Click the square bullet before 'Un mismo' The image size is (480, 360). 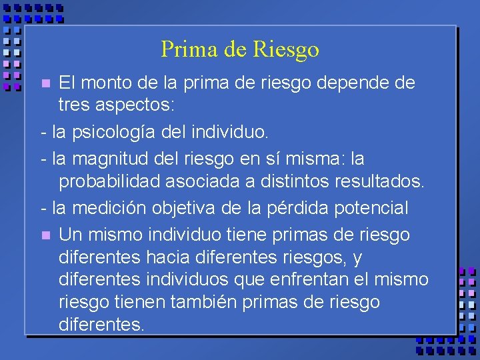[x=45, y=235]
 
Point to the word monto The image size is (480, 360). [x=105, y=83]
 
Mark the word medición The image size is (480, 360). [x=109, y=208]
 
